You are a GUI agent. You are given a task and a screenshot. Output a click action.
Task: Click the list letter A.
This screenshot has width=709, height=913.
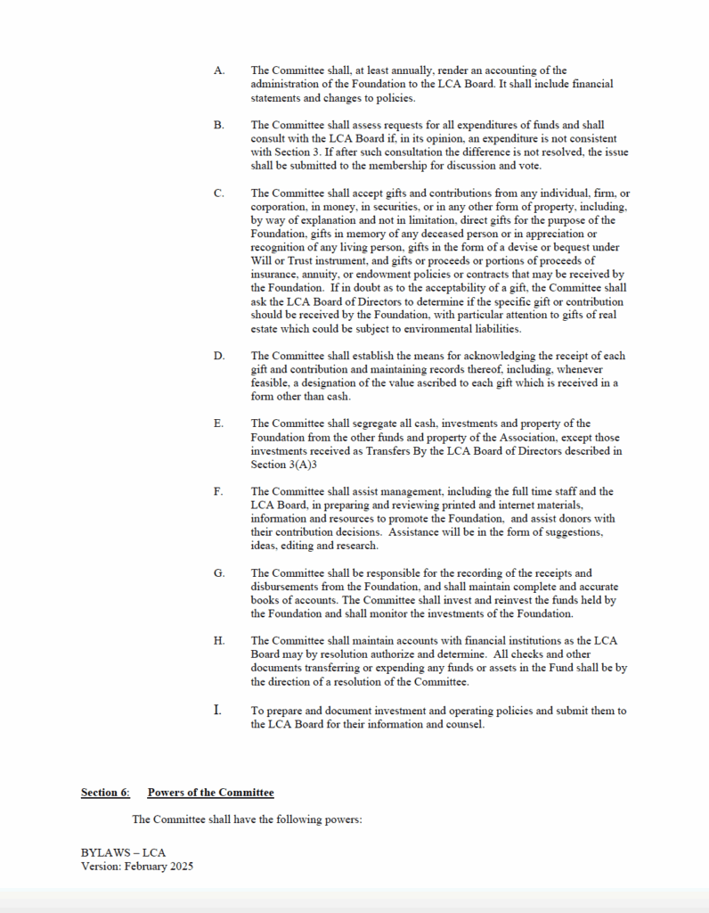[x=219, y=70]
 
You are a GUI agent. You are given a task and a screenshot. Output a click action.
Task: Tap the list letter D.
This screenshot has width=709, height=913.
[x=219, y=356]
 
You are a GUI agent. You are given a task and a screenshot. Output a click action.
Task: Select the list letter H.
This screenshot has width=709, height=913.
[x=219, y=641]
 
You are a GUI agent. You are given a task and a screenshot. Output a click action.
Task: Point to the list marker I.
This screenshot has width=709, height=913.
[x=217, y=711]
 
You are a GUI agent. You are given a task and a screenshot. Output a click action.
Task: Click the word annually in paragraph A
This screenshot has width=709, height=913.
[x=412, y=70]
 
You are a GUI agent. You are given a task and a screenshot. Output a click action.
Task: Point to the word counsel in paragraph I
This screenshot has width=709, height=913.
[x=466, y=724]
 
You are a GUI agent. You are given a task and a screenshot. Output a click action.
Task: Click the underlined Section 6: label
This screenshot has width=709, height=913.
[x=105, y=793]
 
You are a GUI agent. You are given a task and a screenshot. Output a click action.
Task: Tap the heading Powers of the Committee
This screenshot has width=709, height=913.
[x=210, y=793]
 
